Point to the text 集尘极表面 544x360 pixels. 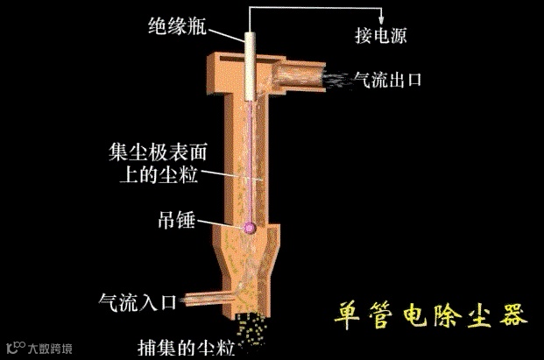point(155,151)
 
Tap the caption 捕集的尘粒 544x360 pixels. point(186,347)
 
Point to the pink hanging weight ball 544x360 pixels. point(250,229)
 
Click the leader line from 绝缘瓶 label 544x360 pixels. point(224,34)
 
